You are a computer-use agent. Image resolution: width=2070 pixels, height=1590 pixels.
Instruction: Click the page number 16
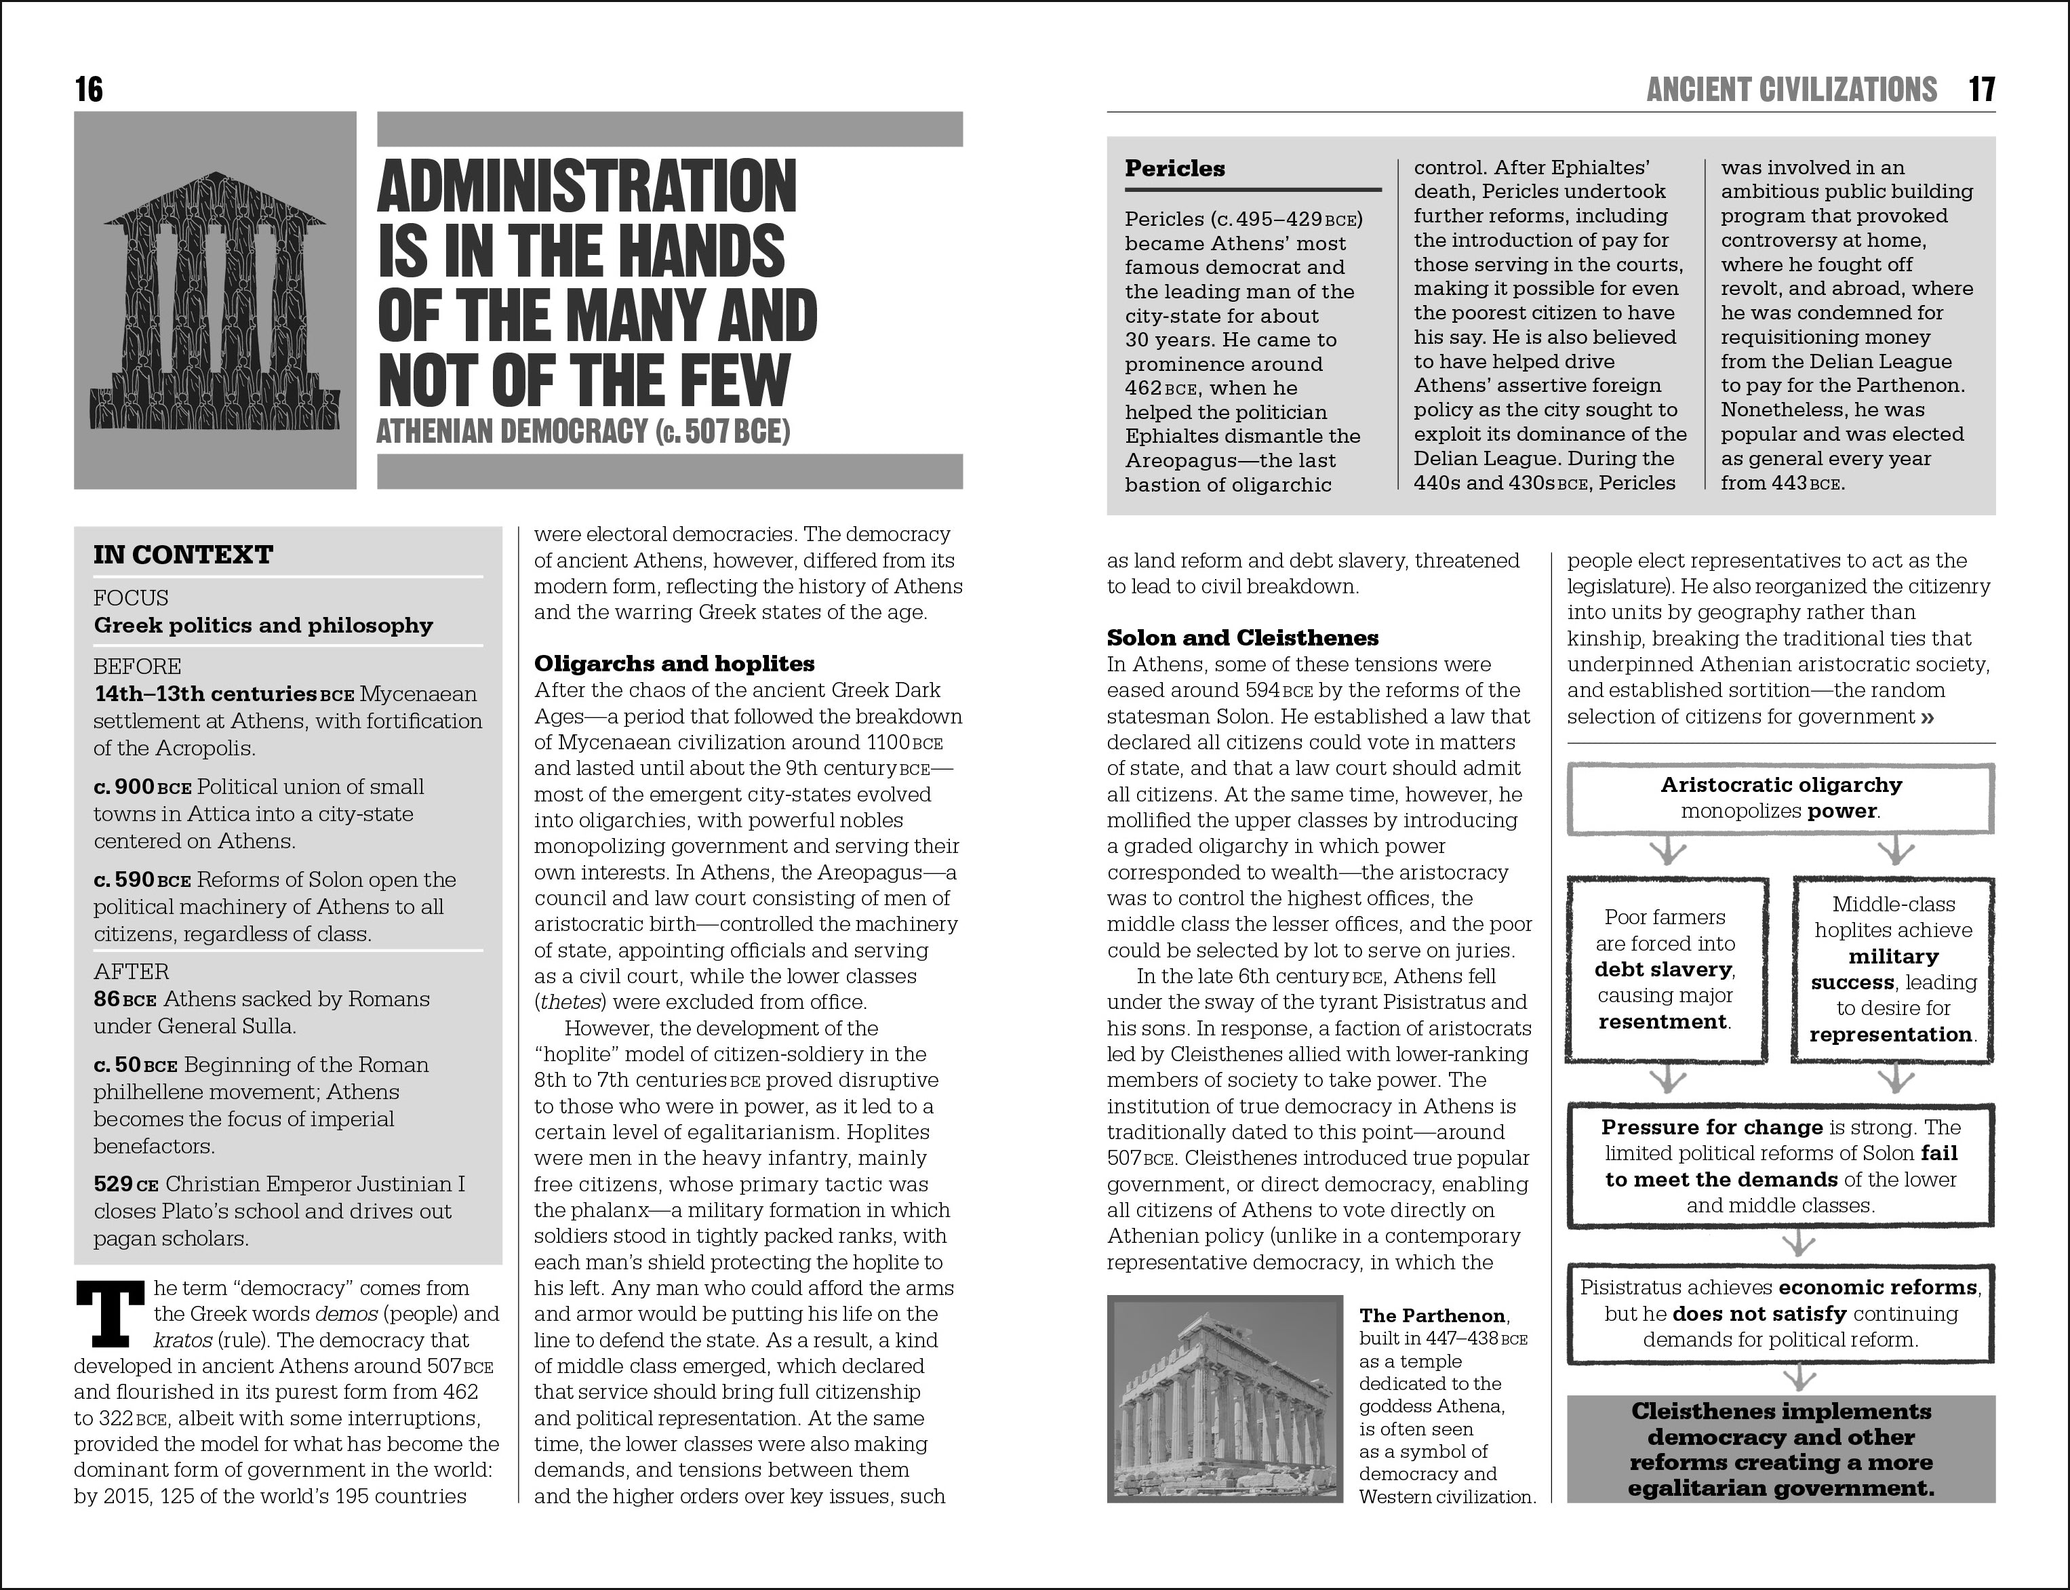tap(89, 90)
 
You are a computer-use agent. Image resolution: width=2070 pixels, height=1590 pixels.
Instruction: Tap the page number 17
tap(1982, 90)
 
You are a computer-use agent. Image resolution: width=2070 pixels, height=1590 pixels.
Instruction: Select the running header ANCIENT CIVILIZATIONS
tap(1792, 90)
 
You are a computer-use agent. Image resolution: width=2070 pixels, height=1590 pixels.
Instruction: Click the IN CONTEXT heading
tap(182, 555)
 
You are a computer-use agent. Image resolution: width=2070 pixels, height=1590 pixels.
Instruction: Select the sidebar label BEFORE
tap(137, 667)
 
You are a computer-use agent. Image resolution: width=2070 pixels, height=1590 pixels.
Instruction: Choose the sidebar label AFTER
tap(131, 971)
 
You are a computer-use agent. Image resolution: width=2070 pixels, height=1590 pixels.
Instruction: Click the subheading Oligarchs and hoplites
tap(674, 663)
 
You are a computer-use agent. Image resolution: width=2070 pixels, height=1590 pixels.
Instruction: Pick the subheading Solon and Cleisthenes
tap(1243, 638)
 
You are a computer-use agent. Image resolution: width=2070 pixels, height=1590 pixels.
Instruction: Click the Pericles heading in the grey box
tap(1174, 168)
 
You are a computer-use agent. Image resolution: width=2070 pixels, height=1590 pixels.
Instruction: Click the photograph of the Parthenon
tap(1225, 1399)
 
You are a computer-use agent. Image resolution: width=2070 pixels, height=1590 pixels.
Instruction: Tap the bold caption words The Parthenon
tap(1432, 1315)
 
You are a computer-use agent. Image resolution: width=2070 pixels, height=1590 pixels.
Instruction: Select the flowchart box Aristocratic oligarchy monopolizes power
tap(1780, 798)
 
